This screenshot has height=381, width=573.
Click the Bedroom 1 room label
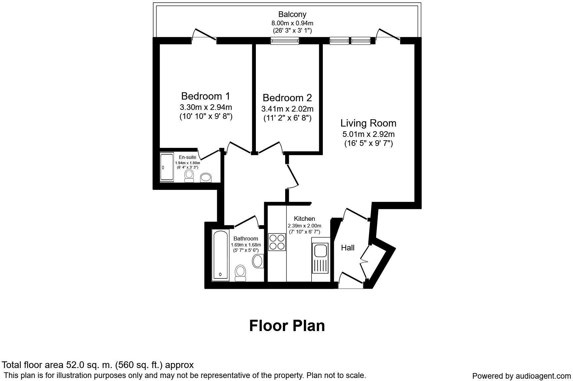206,96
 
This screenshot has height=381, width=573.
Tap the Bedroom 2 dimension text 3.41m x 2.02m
287,109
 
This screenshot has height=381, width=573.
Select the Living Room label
368,123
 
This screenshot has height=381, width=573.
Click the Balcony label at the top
292,14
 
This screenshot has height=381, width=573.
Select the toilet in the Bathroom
240,273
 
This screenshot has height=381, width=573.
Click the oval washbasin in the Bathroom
258,261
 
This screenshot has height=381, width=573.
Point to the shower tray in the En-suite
167,167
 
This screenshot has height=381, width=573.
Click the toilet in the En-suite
189,176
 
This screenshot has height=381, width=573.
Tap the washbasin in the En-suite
206,178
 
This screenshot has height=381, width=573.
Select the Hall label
347,248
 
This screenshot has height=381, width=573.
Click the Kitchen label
304,219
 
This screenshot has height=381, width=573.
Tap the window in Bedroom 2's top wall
285,41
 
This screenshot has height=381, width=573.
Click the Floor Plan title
287,326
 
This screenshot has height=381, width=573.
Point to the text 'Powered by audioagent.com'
521,376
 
